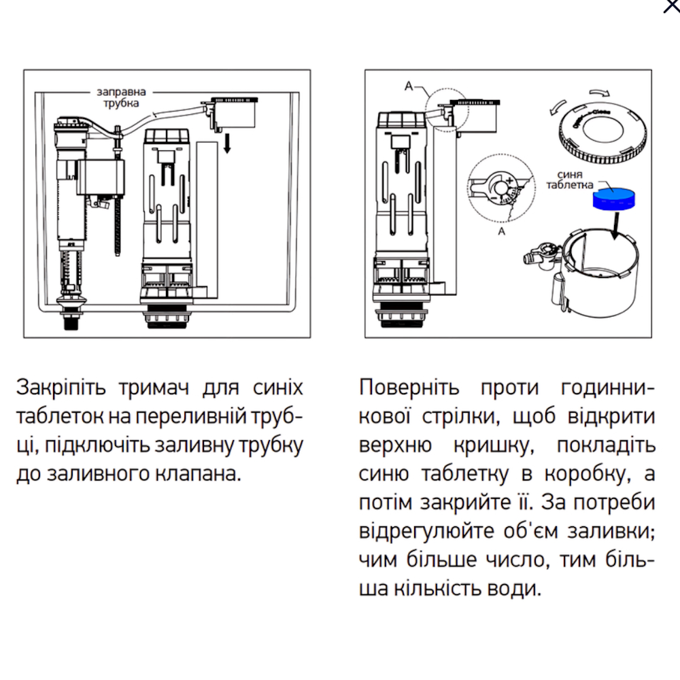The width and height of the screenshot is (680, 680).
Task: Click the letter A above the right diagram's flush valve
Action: (x=409, y=86)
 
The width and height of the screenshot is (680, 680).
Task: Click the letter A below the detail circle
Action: (x=502, y=231)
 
